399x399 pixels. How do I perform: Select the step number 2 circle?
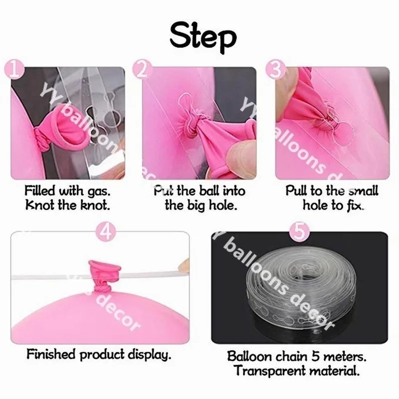click(x=144, y=71)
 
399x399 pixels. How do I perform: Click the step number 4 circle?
click(x=109, y=230)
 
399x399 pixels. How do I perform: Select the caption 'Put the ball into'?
click(x=199, y=191)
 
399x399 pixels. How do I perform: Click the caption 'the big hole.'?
click(x=199, y=205)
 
